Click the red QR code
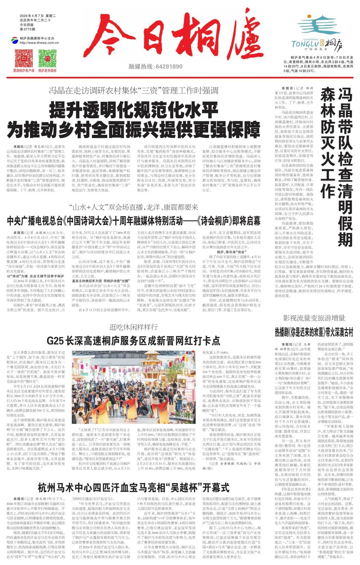click(24, 58)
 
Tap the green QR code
click(47, 58)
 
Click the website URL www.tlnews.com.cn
click(39, 43)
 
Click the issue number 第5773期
click(27, 29)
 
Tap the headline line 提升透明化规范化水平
click(134, 111)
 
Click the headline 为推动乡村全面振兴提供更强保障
click(134, 129)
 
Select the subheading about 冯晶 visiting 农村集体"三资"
click(134, 91)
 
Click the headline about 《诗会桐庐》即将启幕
click(134, 221)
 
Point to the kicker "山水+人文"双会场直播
click(134, 207)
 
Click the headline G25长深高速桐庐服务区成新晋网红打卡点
click(133, 341)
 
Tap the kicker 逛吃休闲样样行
click(133, 327)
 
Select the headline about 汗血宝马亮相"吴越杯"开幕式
click(134, 488)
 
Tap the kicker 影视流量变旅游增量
click(314, 318)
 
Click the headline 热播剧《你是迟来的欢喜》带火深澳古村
click(314, 332)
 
